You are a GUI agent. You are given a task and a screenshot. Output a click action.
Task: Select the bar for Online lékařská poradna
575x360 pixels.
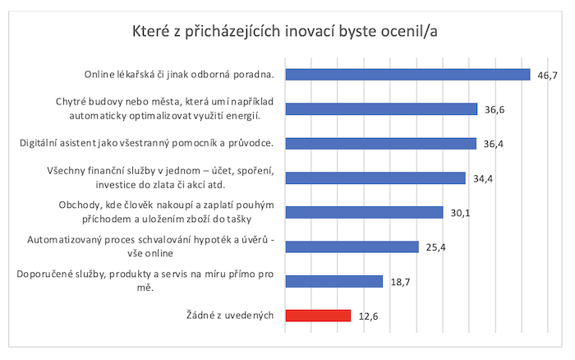tap(407, 75)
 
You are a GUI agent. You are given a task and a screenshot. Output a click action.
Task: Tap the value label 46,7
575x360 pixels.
tap(548, 75)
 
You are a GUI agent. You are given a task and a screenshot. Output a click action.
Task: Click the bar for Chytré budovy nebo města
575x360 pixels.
tap(380, 109)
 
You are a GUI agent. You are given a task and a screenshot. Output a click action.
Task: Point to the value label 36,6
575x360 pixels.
tap(495, 109)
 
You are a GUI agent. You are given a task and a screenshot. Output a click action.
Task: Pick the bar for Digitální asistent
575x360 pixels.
tap(379, 144)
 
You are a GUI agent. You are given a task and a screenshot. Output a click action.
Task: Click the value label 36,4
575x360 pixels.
tap(494, 144)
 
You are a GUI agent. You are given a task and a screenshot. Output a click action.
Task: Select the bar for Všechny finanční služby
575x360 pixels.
tap(375, 178)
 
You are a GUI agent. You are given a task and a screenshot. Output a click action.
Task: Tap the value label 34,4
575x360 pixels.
tap(484, 178)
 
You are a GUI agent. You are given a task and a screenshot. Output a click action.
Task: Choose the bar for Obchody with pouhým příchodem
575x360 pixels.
tap(363, 213)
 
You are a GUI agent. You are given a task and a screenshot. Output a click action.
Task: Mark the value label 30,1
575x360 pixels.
tap(461, 213)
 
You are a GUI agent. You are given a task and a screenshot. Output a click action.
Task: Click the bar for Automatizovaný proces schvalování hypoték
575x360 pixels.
tap(351, 247)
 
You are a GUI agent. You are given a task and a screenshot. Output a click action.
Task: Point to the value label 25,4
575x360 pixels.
tap(436, 247)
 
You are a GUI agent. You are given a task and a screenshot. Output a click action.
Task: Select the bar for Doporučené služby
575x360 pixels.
tap(333, 281)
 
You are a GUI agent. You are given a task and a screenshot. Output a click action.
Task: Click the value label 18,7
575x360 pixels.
tap(402, 281)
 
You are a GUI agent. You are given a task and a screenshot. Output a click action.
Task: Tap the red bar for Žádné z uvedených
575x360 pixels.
tap(317, 316)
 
